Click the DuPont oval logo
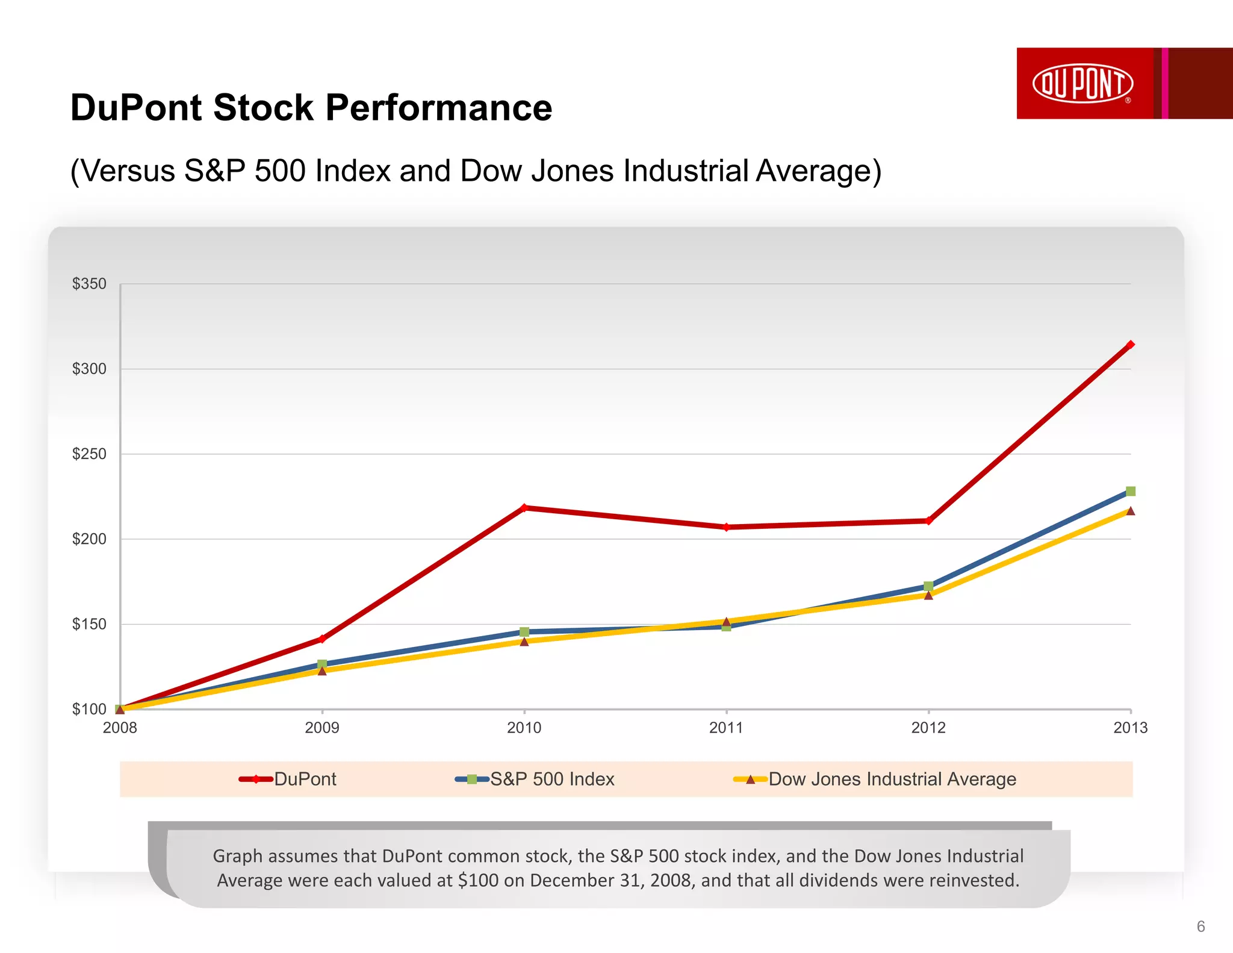coord(1082,83)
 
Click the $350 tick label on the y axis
coord(89,284)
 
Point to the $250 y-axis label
coord(89,454)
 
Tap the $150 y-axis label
coord(89,624)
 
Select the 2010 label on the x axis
coord(524,728)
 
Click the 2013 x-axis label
coord(1130,728)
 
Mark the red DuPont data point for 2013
coord(1130,345)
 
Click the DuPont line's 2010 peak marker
coord(524,508)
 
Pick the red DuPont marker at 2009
coord(322,639)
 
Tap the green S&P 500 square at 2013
coord(1130,492)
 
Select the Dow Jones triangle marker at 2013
coord(1130,511)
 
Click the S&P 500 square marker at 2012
coord(928,586)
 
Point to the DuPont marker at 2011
coord(726,527)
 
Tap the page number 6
coord(1200,926)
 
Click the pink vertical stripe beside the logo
coord(1165,83)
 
